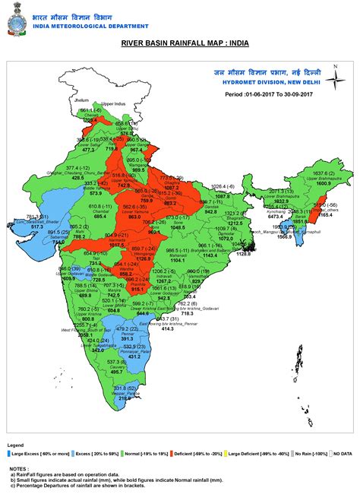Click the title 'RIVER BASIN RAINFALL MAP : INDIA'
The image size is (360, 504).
click(179, 55)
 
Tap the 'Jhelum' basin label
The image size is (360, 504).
click(83, 100)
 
